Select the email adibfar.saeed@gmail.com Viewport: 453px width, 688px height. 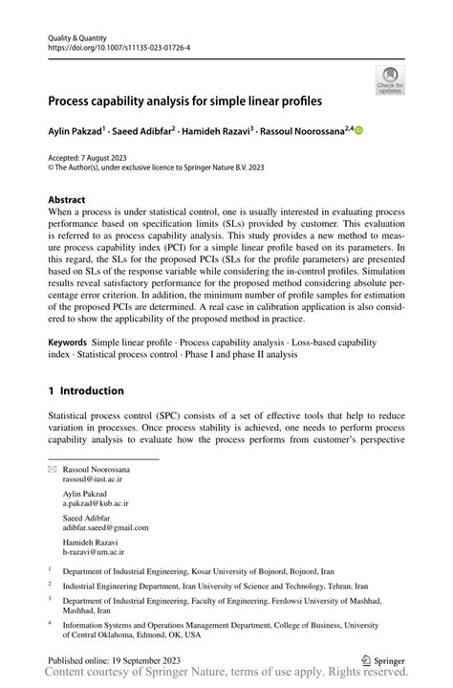106,527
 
